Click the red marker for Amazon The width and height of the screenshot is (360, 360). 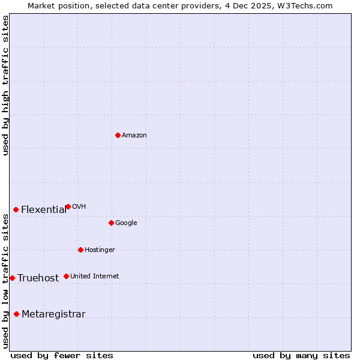point(118,135)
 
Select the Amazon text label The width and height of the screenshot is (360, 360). point(134,136)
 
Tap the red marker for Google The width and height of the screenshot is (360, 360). point(111,223)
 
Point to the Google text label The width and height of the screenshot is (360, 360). point(126,223)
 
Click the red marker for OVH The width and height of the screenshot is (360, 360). point(68,206)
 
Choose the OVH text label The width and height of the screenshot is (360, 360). point(79,207)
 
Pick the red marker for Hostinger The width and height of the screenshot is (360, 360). point(80,250)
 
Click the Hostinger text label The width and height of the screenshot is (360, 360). point(100,250)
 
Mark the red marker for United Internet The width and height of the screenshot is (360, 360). point(66,276)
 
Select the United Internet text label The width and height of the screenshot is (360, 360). point(94,277)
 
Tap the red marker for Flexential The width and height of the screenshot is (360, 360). point(16,209)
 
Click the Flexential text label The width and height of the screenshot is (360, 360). point(44,210)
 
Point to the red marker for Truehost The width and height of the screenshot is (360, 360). point(12,278)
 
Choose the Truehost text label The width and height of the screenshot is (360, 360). point(38,278)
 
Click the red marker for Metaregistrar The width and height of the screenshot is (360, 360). point(16,314)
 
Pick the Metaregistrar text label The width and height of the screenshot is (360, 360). point(53,314)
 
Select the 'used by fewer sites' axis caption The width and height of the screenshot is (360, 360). point(62,355)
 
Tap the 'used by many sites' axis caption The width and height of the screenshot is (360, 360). point(301,355)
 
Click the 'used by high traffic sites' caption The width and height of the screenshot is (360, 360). point(6,86)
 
